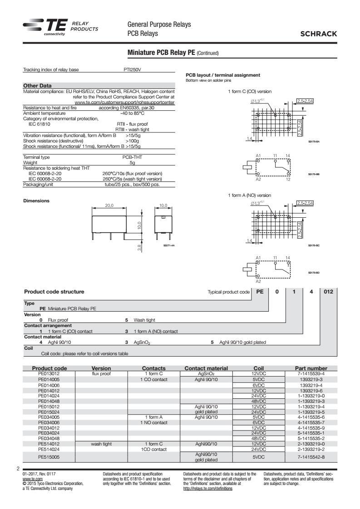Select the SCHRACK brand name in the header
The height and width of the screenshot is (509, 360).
point(321,34)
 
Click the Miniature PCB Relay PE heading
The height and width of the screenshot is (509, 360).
point(162,53)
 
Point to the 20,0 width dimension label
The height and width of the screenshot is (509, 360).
point(109,206)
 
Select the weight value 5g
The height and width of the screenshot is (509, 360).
point(132,162)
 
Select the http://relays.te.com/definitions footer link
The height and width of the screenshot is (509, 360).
point(207,489)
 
